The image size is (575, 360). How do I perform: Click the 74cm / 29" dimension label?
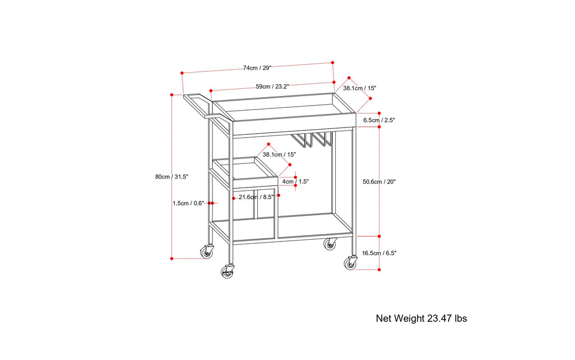(x=257, y=68)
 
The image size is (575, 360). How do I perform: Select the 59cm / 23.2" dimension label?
(x=272, y=86)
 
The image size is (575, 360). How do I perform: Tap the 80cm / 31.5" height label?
(x=172, y=176)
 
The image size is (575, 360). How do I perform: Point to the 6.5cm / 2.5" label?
(x=380, y=120)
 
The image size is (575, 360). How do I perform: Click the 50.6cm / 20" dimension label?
(x=380, y=181)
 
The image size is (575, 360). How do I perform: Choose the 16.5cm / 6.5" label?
(x=380, y=253)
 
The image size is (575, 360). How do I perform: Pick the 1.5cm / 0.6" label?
(x=189, y=203)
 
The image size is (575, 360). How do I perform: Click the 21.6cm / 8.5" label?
(x=256, y=197)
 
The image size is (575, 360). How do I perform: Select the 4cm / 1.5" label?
(x=296, y=181)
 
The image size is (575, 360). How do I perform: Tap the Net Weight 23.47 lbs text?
(x=421, y=318)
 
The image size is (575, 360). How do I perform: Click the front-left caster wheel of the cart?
(x=227, y=272)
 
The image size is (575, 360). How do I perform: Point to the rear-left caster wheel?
(x=208, y=253)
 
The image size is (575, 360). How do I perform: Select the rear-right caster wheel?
(x=330, y=244)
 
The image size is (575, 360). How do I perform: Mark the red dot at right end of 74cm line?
(x=332, y=62)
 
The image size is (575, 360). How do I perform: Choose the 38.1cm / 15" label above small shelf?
(x=279, y=154)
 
